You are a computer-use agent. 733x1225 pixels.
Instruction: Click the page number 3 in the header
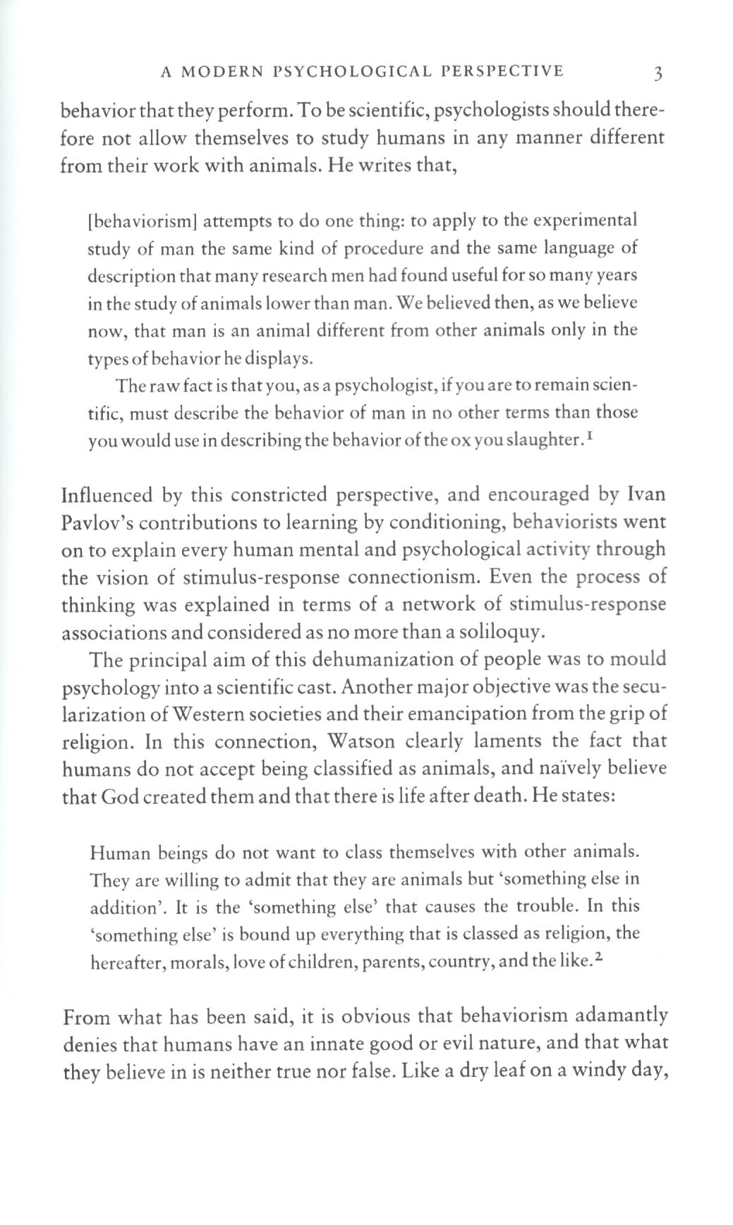(x=657, y=73)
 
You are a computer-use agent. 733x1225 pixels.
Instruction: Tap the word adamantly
(x=622, y=1016)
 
